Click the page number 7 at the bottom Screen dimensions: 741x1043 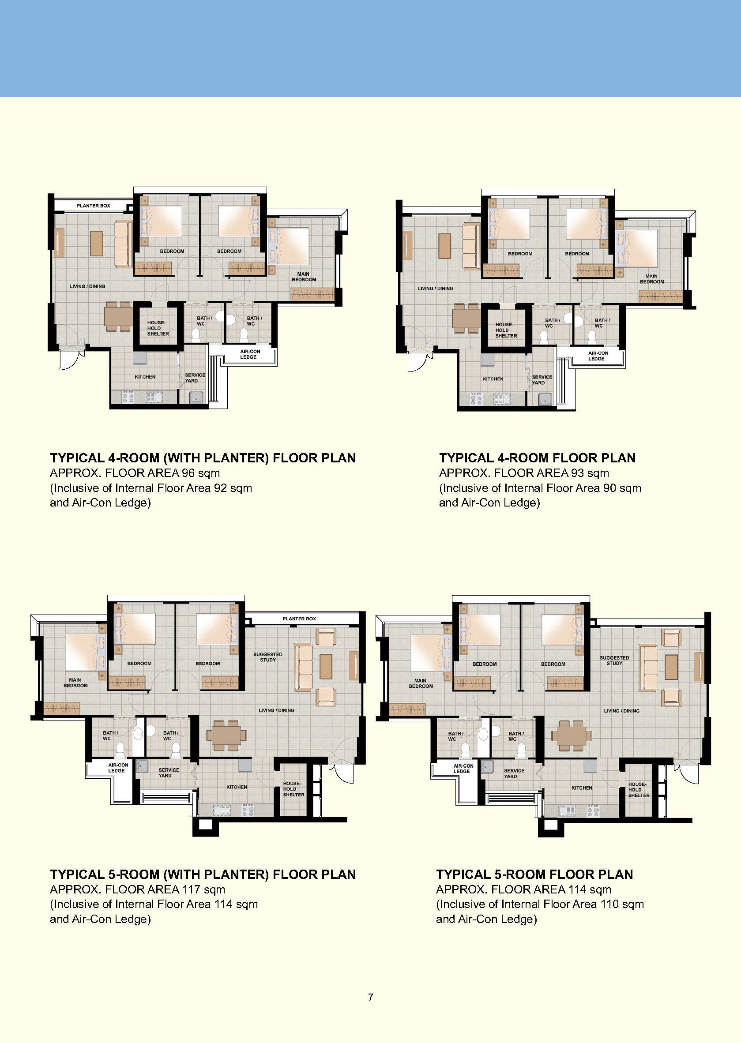tap(371, 997)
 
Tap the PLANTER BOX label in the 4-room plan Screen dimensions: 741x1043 tap(94, 206)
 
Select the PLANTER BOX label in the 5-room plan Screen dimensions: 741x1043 tap(299, 619)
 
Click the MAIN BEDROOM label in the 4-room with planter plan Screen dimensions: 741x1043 tap(304, 277)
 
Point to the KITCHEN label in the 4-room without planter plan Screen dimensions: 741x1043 tap(493, 379)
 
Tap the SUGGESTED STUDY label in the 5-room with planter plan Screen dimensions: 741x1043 tap(268, 657)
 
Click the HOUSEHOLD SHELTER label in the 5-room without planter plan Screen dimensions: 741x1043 tap(639, 790)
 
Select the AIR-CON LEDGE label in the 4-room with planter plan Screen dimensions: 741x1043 tap(250, 354)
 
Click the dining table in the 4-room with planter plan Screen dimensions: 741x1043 tap(118, 316)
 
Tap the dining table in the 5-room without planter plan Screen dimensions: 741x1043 tap(572, 735)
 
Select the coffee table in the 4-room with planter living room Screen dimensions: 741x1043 tap(97, 244)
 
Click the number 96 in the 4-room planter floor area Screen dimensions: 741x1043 tap(188, 473)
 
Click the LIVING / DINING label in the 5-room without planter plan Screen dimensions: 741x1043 tap(621, 710)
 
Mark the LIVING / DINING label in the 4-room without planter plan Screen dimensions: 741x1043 tap(436, 288)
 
